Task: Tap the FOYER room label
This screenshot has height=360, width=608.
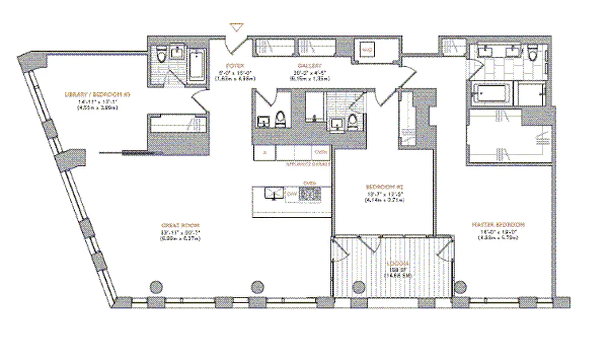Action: (235, 65)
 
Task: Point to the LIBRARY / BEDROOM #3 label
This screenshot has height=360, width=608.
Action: (98, 94)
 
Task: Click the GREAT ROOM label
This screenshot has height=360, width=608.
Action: (180, 225)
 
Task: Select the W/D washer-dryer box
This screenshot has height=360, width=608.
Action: (367, 49)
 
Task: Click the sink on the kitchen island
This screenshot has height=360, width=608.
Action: (273, 193)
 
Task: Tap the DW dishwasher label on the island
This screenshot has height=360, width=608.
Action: (291, 193)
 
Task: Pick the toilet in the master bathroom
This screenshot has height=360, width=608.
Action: (533, 54)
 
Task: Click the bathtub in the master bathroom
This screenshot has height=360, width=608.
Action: (492, 94)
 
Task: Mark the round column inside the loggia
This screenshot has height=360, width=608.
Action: (359, 287)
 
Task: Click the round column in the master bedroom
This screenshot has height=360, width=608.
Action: (460, 287)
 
